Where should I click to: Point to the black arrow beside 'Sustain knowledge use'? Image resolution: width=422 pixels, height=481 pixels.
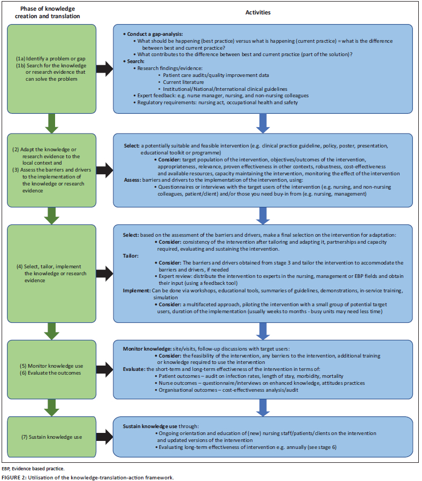105,437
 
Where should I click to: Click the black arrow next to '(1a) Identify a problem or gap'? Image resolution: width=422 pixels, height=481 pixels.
105,67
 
